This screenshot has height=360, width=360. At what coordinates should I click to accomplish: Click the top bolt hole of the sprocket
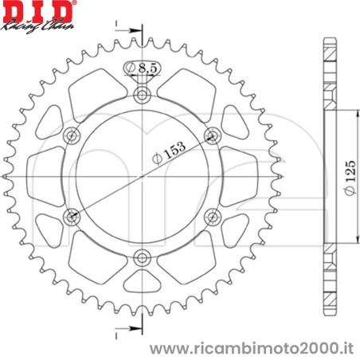point(143,96)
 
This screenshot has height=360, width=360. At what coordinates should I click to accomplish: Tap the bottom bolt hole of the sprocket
point(143,256)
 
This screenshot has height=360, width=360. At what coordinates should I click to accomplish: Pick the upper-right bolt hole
point(212,136)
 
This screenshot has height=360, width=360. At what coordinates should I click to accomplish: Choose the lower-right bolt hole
point(212,216)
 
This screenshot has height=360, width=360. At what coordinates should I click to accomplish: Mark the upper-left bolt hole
point(73,136)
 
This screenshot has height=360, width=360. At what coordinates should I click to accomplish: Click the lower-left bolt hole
point(73,216)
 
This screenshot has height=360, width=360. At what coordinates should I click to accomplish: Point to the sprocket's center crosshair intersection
point(143,176)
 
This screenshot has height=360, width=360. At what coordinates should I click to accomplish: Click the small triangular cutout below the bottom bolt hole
point(143,280)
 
